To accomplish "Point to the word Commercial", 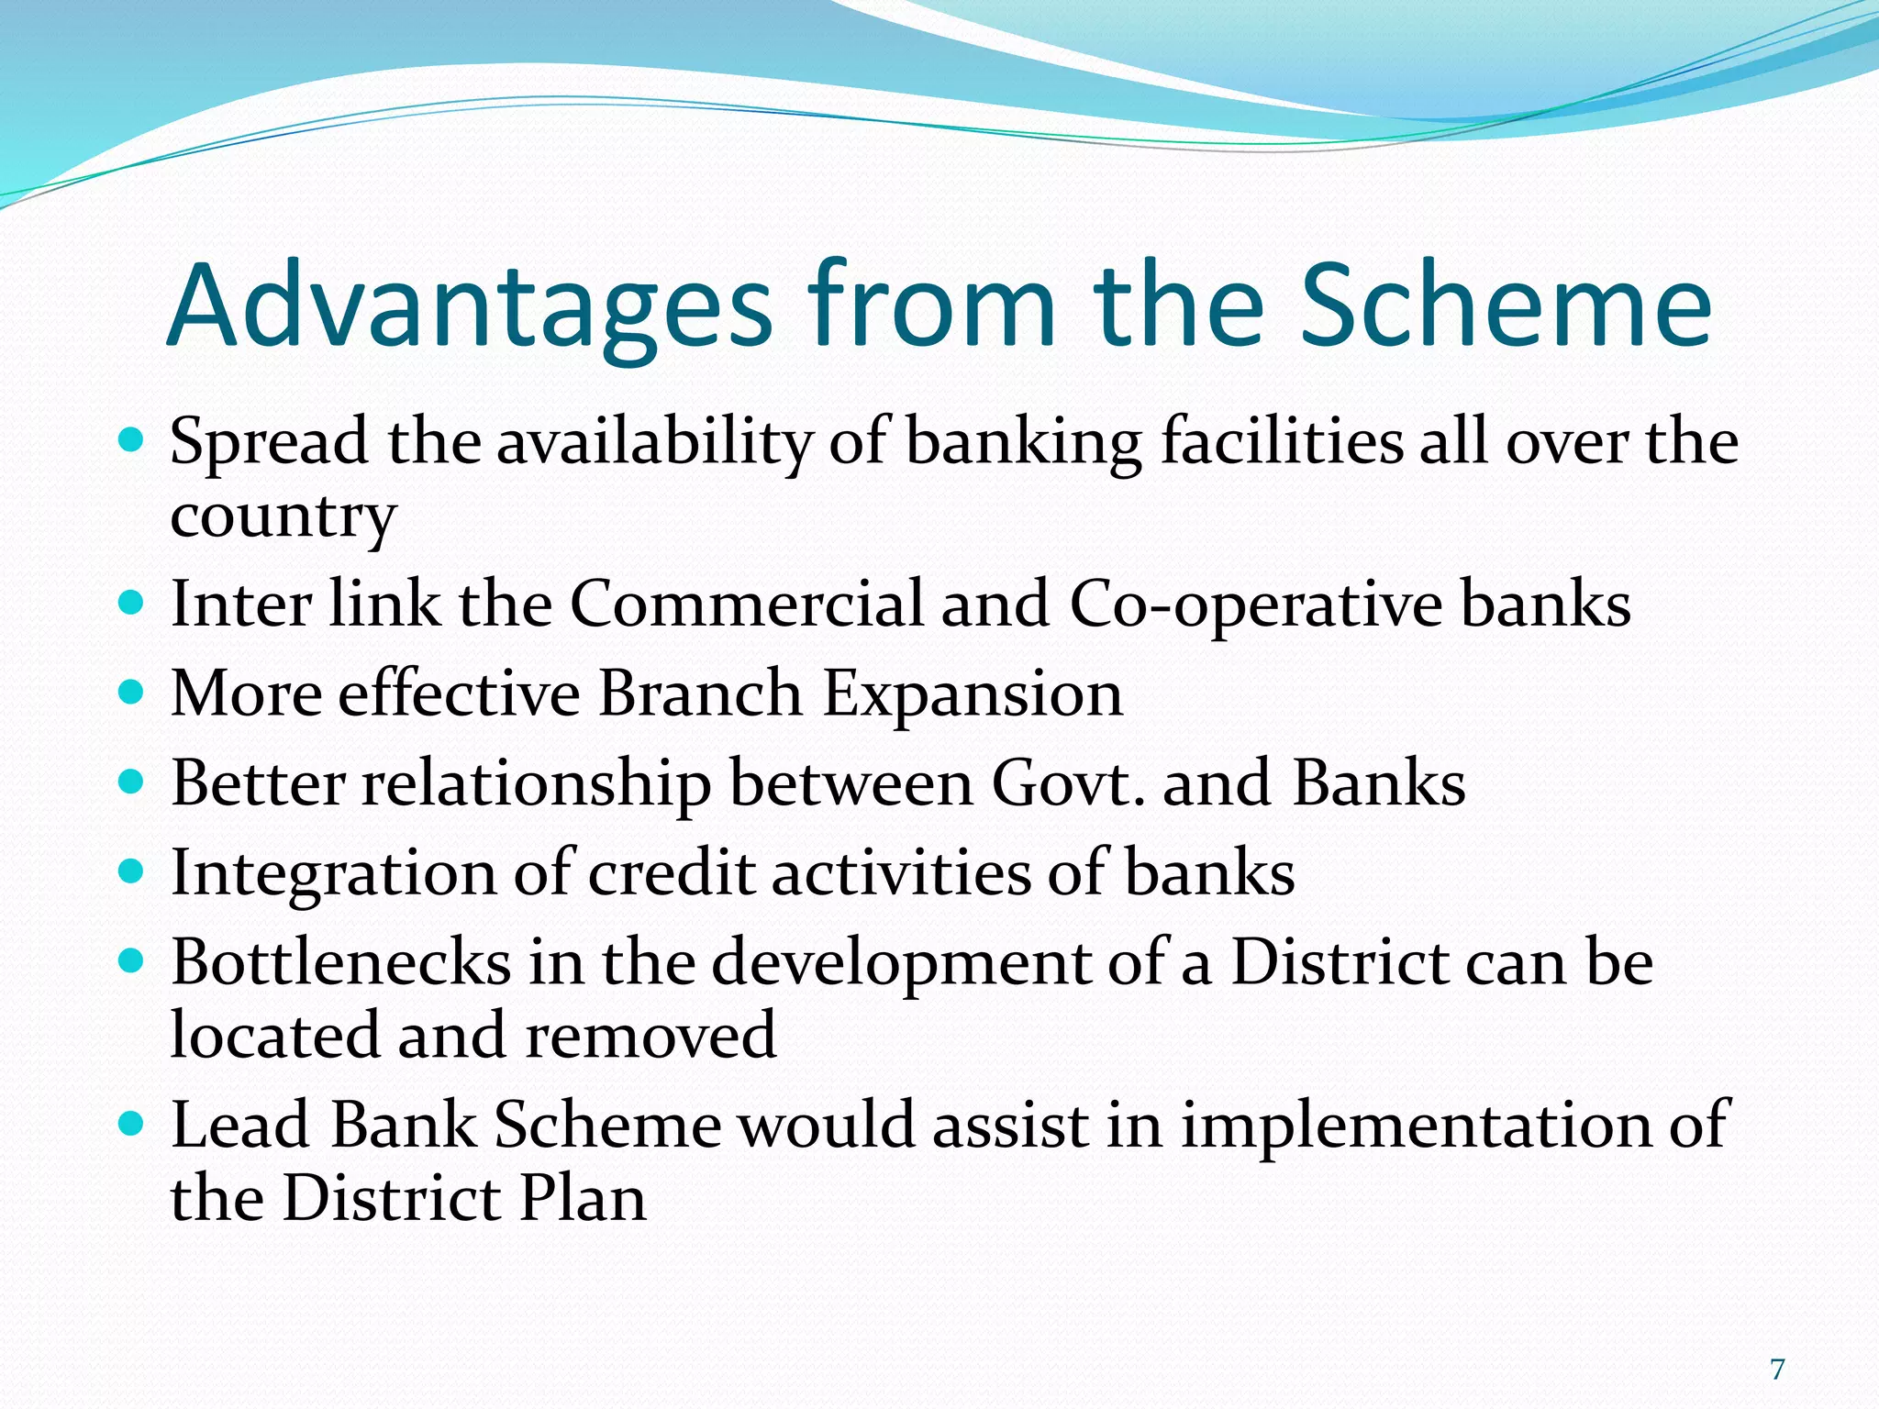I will (x=747, y=605).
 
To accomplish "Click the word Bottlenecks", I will (x=341, y=963).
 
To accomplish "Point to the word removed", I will (x=651, y=1036).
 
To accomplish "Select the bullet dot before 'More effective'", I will (x=132, y=692).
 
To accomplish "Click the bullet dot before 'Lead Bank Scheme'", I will (x=132, y=1122).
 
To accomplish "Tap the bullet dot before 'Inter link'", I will (x=132, y=603).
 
